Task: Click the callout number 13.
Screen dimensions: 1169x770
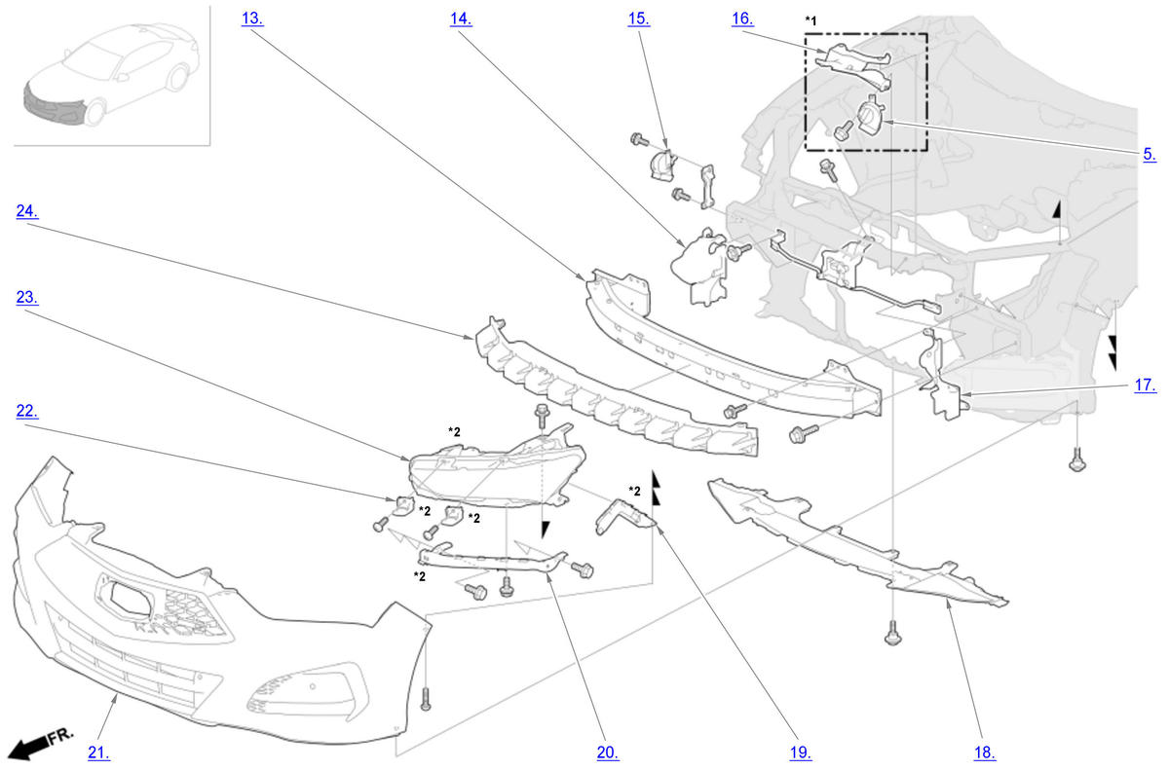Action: [252, 18]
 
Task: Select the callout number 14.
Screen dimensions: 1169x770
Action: [461, 18]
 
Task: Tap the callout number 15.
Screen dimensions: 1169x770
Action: [639, 18]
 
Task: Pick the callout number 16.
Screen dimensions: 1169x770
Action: [742, 18]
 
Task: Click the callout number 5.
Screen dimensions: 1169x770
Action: [1150, 154]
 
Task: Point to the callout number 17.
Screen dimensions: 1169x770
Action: [1146, 385]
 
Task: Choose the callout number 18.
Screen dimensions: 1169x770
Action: [985, 752]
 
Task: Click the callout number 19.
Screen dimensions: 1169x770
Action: [801, 752]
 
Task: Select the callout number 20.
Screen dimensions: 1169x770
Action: [608, 752]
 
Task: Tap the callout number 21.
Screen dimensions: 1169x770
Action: [98, 752]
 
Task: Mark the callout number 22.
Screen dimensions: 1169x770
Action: [27, 411]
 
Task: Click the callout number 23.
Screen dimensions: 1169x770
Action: [27, 297]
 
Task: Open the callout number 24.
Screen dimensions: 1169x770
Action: [27, 211]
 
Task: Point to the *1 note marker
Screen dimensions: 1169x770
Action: [811, 20]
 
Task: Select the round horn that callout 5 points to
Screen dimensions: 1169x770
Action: [871, 113]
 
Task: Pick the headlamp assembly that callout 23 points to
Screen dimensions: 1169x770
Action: [496, 472]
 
